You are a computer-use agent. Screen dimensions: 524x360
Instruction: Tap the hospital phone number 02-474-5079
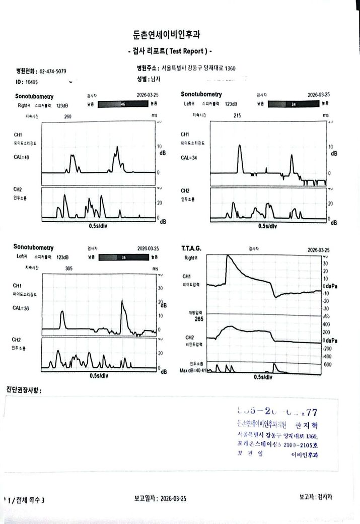coord(52,72)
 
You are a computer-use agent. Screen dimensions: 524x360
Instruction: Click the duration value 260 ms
coord(68,116)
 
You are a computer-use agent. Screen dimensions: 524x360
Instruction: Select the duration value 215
coord(238,115)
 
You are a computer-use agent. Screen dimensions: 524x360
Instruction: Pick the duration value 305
coord(69,269)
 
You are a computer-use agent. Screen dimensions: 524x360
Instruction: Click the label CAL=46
coord(21,158)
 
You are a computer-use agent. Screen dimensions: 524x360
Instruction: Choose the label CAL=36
coord(21,309)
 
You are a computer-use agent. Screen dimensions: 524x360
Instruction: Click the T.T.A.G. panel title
coord(191,248)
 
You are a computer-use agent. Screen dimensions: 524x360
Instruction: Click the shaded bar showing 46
coord(123,104)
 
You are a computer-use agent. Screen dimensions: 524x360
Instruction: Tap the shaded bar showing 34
coord(294,104)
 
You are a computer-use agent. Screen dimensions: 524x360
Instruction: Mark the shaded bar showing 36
coord(123,257)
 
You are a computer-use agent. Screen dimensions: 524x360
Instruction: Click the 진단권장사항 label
coord(23,390)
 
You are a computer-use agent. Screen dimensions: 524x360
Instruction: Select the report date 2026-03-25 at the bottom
coord(173,498)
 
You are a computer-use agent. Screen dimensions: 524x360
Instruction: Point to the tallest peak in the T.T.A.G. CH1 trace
coord(228,255)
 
